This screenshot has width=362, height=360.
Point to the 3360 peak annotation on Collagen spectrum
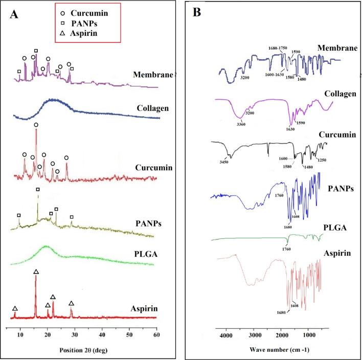point(241,123)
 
